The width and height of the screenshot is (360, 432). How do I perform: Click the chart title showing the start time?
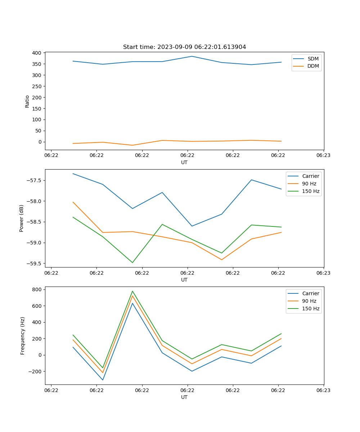click(x=184, y=47)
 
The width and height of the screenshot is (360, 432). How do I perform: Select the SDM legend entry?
click(x=313, y=59)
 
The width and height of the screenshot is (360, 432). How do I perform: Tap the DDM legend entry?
click(x=313, y=66)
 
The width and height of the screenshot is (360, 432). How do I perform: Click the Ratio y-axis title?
click(x=27, y=101)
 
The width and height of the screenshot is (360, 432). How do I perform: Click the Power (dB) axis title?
click(x=22, y=218)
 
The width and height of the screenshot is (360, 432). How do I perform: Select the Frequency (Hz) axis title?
click(x=22, y=336)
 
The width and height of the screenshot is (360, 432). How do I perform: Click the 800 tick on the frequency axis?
click(x=37, y=289)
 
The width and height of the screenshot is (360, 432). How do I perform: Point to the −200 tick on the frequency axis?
click(x=36, y=372)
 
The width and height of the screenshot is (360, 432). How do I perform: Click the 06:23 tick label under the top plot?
click(x=323, y=156)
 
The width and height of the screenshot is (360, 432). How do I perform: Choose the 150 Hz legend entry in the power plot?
click(x=311, y=191)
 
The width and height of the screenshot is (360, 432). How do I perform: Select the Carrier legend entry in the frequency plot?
click(x=310, y=293)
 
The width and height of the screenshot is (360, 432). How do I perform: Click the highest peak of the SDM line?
click(x=192, y=56)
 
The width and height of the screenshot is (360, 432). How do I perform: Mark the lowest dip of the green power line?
click(x=132, y=262)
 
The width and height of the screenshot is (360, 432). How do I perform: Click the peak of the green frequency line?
click(x=132, y=291)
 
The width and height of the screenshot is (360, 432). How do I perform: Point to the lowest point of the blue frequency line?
click(x=103, y=380)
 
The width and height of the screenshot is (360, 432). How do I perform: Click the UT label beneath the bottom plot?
click(x=184, y=397)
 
